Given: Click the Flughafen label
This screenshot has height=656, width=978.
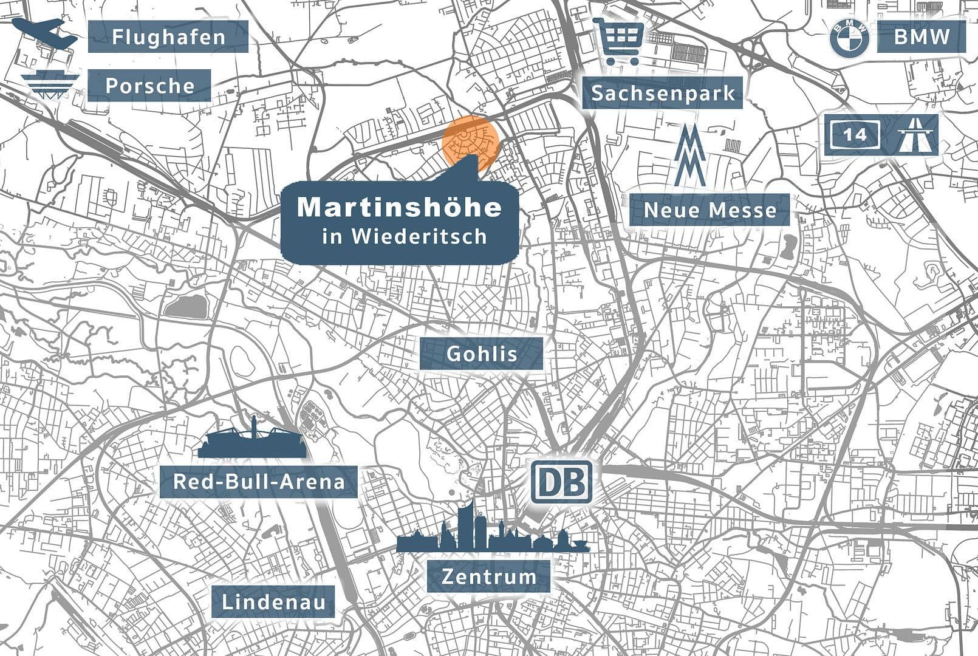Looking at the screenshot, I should [168, 36].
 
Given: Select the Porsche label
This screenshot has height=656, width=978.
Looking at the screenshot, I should [149, 86].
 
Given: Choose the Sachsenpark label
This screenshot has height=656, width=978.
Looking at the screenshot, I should [663, 93].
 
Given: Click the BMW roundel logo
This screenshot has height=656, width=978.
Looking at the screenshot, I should [849, 38].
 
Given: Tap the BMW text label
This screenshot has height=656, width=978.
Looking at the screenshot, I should [921, 36].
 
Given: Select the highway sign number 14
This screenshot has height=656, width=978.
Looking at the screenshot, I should [854, 134].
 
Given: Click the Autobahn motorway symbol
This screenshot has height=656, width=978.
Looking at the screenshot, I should [917, 134].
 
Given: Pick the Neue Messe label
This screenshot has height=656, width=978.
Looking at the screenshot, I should [710, 210].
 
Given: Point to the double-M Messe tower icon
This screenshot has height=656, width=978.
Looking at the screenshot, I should [690, 155].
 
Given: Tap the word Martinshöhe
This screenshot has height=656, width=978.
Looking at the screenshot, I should [399, 207].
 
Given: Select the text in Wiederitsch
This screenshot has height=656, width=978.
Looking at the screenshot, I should [405, 236].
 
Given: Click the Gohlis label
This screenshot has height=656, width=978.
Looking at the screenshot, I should [481, 354].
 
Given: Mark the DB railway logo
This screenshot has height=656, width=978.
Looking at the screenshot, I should [561, 482].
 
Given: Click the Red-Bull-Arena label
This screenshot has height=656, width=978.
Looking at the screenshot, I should [259, 482].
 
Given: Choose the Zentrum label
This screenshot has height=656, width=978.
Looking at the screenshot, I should [488, 576].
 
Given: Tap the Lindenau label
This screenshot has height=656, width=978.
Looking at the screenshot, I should [273, 602].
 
